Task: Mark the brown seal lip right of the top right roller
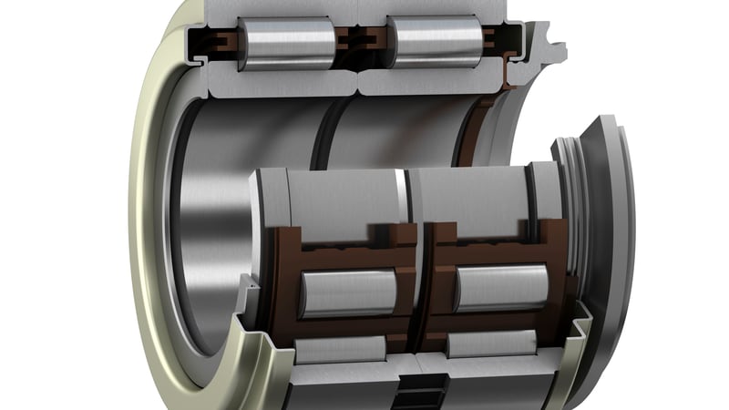pyautogui.click(x=497, y=41)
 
